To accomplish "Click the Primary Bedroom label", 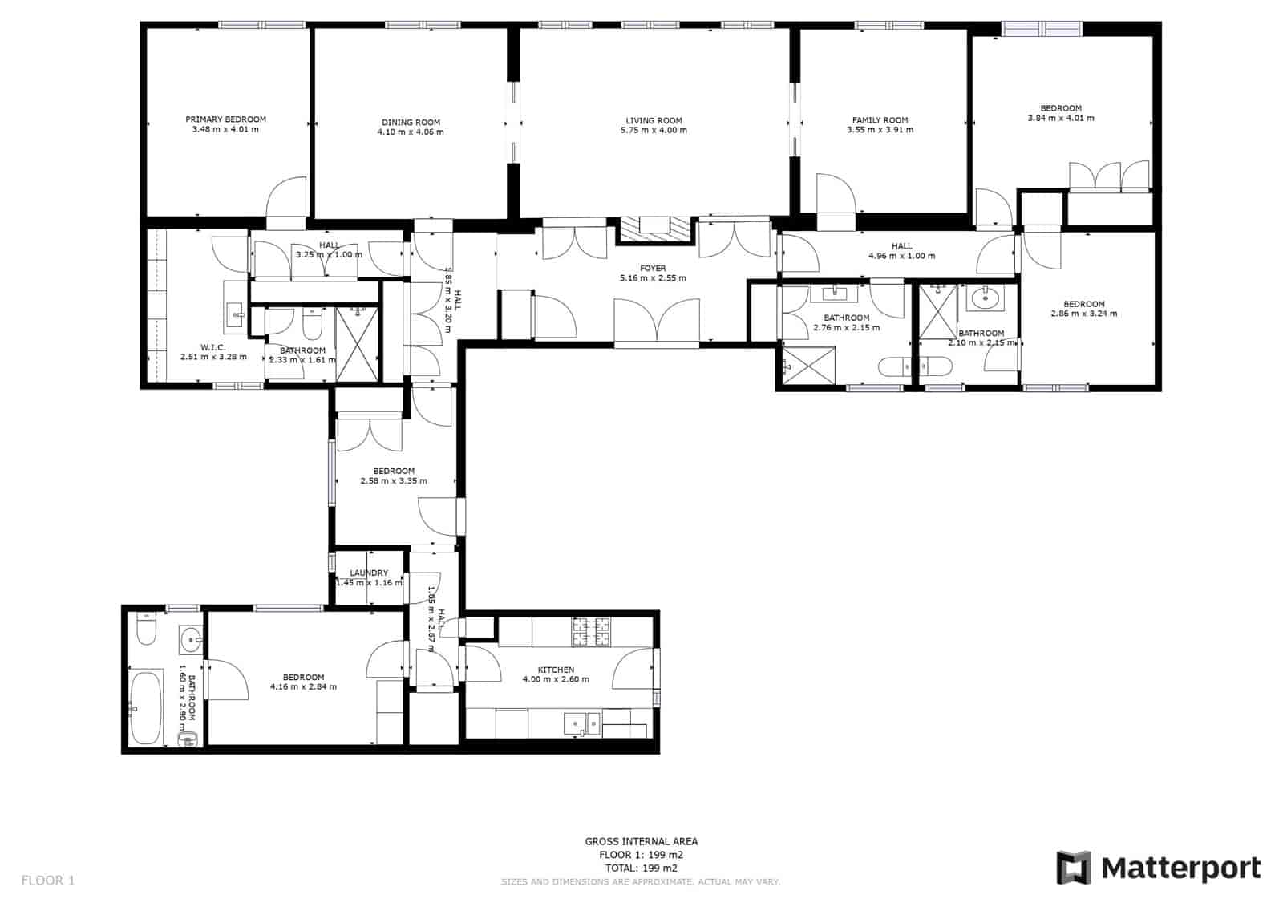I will tap(225, 119).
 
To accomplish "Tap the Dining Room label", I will tap(411, 123).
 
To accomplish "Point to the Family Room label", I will tap(880, 120).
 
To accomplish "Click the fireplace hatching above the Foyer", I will tap(654, 229).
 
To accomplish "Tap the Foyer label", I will tap(653, 269).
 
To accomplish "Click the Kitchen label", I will tap(556, 670).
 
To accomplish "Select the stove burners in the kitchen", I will tap(590, 632).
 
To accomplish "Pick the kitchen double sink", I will tap(581, 724).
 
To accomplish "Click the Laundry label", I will tap(369, 573).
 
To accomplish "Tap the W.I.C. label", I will tap(213, 347).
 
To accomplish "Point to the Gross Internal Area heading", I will tap(641, 841).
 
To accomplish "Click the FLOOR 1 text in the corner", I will tap(47, 881).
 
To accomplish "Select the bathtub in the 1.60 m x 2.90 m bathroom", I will tap(146, 708).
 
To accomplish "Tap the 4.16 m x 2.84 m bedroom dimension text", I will tap(303, 687).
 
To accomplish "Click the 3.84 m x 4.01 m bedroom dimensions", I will tap(1061, 119).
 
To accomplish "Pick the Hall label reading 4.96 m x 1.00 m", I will tap(901, 257).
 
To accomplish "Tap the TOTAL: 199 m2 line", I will tap(641, 868).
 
